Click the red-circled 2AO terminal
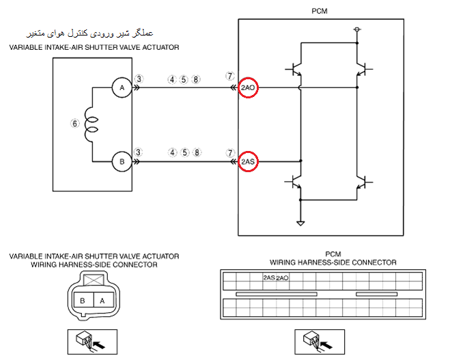click(x=248, y=88)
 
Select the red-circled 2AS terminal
click(x=248, y=162)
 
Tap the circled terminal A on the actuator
click(x=122, y=88)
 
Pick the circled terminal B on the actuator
click(x=122, y=162)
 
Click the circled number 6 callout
click(x=75, y=124)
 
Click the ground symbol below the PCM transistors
click(x=299, y=223)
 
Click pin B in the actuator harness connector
click(x=82, y=300)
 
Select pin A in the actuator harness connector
click(x=101, y=300)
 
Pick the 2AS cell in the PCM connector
click(x=268, y=278)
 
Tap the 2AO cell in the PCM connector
click(x=282, y=278)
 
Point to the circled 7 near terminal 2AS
click(x=230, y=152)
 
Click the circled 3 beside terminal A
click(x=139, y=79)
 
